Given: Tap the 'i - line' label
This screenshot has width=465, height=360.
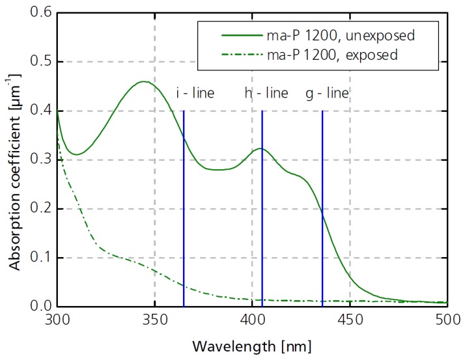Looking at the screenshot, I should [x=195, y=93].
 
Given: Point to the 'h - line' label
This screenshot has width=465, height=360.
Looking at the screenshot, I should [x=266, y=93].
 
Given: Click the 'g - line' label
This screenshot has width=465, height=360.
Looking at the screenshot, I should [x=328, y=93].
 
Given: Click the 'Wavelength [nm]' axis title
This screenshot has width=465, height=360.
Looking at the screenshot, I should [x=252, y=345].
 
